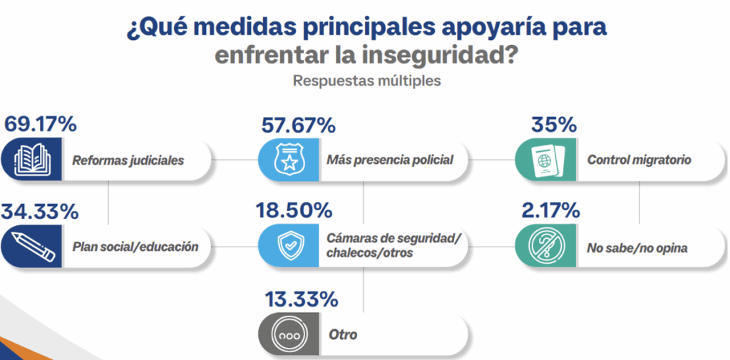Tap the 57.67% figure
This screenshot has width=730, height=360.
[298, 125]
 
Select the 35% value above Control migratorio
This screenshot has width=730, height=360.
[553, 125]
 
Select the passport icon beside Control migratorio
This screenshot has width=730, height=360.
[544, 160]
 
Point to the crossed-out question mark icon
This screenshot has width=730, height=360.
[544, 247]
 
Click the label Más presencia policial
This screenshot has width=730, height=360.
[389, 160]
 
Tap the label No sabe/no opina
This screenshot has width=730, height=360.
[627, 248]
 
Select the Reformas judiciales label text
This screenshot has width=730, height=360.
[128, 160]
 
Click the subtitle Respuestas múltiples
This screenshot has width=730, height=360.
[366, 81]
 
